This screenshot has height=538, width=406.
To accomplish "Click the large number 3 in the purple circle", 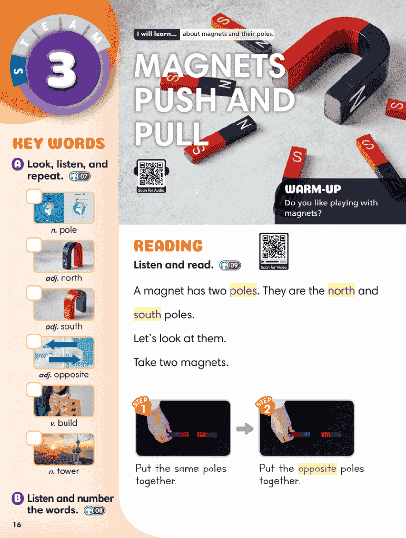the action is (x=62, y=70).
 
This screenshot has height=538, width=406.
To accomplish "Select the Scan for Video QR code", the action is (x=273, y=251).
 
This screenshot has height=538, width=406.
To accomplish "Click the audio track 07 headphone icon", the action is (x=74, y=176).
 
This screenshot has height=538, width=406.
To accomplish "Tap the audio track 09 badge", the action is (x=230, y=265).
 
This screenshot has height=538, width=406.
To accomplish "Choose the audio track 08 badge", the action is (x=95, y=510).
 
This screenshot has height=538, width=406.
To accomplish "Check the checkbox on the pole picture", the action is (x=34, y=197).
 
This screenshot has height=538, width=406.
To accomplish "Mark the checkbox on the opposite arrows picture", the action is (x=34, y=341).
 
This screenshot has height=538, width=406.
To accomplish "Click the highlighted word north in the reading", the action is (x=341, y=291).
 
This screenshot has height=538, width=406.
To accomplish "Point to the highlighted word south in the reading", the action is (x=147, y=315).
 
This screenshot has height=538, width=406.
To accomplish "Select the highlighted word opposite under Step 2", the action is (x=317, y=469).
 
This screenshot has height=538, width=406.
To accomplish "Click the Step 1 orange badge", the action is (x=141, y=406).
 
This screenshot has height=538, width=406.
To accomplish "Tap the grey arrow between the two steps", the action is (x=245, y=429).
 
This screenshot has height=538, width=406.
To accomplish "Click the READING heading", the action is (x=168, y=246).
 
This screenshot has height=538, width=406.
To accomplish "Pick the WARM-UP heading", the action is (x=313, y=189).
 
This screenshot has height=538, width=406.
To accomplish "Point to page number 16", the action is (x=17, y=525).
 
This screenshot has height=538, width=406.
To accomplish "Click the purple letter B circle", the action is (x=18, y=499).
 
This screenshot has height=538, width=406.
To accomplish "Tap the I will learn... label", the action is (x=157, y=34).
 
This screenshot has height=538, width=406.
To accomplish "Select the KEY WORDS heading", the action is (x=59, y=144).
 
